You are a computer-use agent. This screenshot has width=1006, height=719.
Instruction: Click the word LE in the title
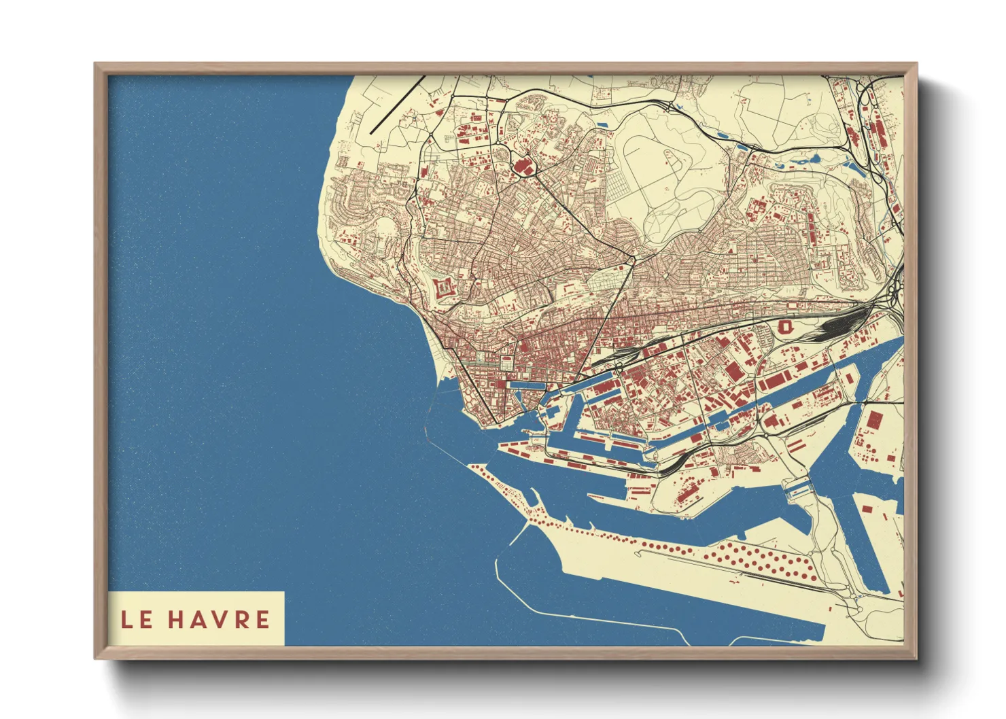[137, 620]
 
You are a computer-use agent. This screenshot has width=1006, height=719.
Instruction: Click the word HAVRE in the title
[219, 620]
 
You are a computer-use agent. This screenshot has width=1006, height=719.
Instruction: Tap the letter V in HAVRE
[217, 620]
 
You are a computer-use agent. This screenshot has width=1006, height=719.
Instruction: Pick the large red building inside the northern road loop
[523, 165]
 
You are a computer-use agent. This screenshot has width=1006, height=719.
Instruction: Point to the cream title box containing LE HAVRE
[196, 618]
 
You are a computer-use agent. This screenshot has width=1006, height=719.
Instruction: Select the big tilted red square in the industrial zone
[733, 372]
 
